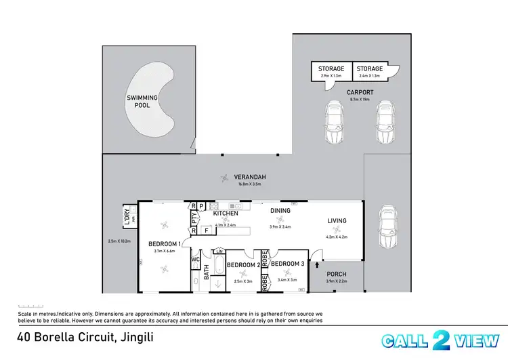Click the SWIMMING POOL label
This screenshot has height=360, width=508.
142,102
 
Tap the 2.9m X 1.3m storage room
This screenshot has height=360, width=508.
331,71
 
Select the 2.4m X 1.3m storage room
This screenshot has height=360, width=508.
370,71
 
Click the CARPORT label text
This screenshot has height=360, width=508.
360,92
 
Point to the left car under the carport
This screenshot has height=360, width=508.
333,123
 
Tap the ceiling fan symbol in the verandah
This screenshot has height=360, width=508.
224,178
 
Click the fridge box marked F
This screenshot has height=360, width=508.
206,231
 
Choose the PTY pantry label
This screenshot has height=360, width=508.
194,218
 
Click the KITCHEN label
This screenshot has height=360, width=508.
225,214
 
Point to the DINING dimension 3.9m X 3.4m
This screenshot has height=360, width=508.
280,227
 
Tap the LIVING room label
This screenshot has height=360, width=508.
337,220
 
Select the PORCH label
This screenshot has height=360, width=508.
337,274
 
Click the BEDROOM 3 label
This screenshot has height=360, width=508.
284,264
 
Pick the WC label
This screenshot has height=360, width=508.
194,259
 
